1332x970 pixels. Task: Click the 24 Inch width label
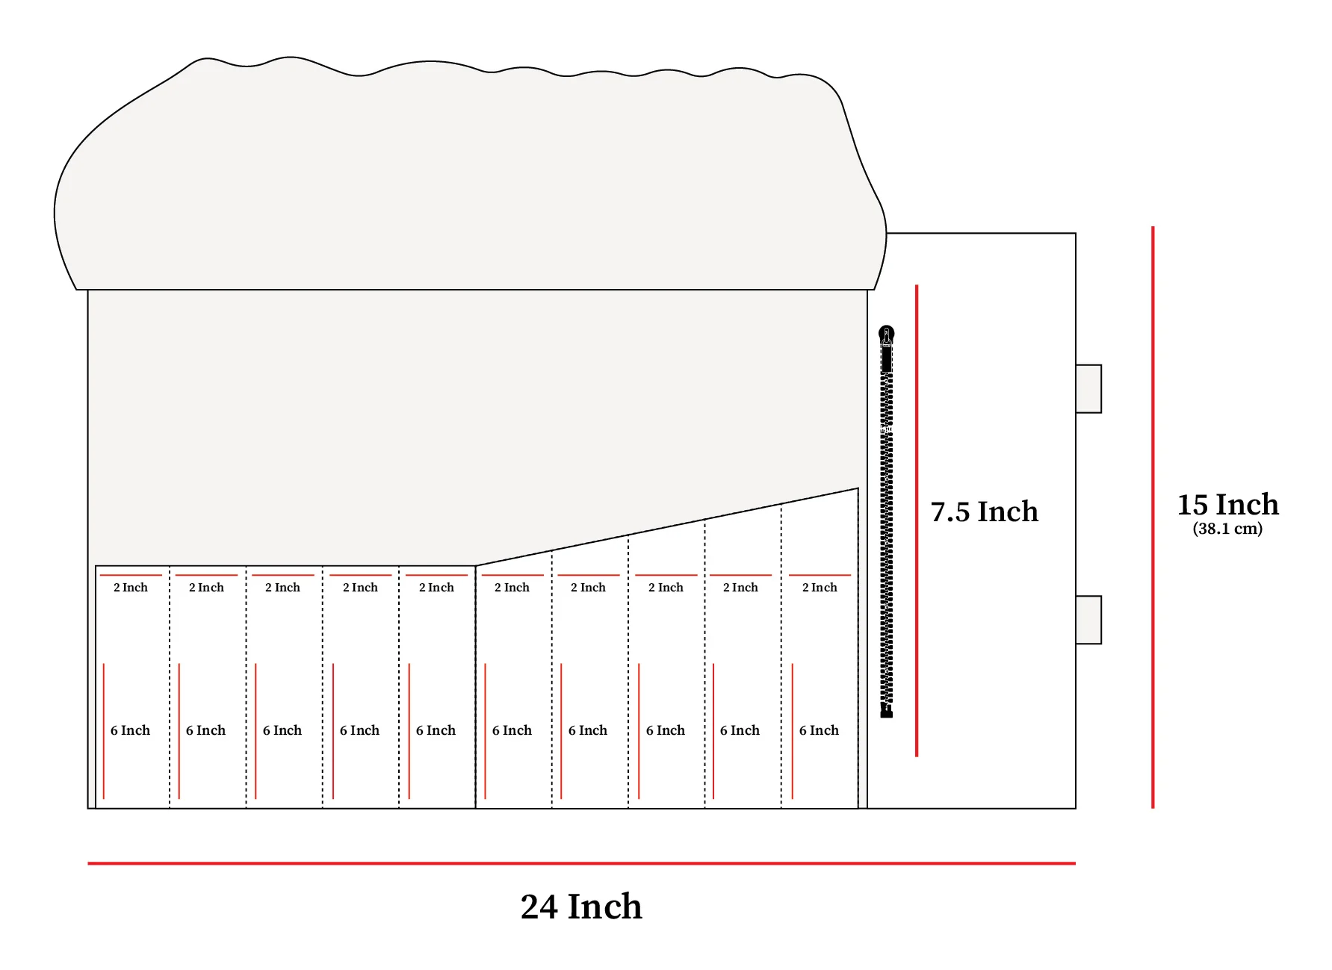[x=581, y=907]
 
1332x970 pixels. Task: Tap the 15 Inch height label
[x=1227, y=505]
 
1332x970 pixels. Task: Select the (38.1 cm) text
[x=1227, y=529]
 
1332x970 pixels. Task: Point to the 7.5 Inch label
[x=984, y=512]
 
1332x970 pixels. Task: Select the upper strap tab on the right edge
[x=1088, y=388]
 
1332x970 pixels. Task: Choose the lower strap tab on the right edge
[x=1088, y=620]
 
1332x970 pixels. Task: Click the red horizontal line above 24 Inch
[x=581, y=863]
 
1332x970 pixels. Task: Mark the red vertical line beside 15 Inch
[x=1153, y=517]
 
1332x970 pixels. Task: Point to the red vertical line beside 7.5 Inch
[x=917, y=520]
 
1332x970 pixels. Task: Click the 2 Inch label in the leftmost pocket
[x=131, y=588]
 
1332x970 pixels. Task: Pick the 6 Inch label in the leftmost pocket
[x=130, y=730]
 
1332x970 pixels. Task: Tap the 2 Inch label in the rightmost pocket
[x=820, y=588]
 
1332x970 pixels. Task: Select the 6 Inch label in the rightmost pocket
[x=819, y=730]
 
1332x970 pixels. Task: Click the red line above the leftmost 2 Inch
[x=131, y=575]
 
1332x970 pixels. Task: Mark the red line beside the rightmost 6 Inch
[x=793, y=731]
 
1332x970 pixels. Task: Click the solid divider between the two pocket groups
[x=476, y=687]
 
